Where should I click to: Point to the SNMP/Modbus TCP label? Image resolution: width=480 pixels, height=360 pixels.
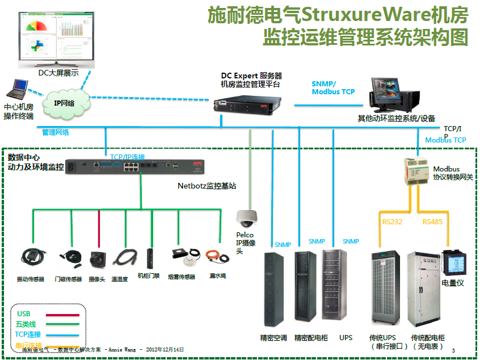click(x=333, y=87)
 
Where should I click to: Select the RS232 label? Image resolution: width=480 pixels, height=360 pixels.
click(x=392, y=221)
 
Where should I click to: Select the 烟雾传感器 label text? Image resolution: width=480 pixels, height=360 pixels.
click(x=182, y=277)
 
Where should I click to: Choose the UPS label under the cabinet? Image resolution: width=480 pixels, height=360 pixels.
click(x=346, y=338)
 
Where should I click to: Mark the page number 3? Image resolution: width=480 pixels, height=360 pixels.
click(x=453, y=351)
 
